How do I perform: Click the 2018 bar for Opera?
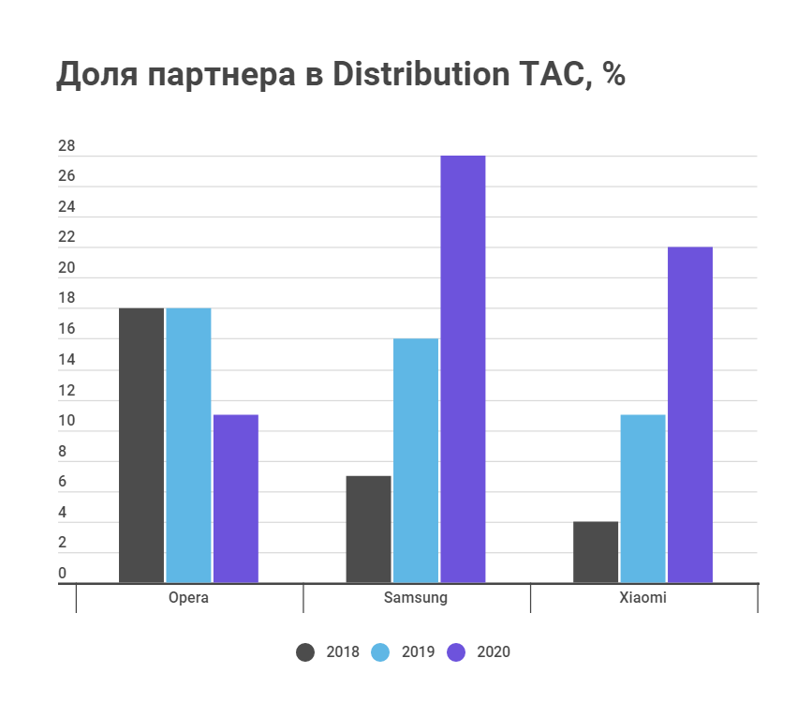tap(141, 445)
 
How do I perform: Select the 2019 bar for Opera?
tap(188, 445)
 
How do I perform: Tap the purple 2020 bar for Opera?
tap(236, 499)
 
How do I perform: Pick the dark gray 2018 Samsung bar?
tap(368, 530)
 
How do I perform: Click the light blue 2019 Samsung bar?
tap(416, 460)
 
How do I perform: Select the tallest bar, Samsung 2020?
tap(463, 369)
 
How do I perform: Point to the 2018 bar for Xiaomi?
tap(596, 552)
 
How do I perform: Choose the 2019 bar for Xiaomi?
tap(642, 499)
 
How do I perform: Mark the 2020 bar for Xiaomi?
tap(690, 415)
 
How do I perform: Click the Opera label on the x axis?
tap(188, 598)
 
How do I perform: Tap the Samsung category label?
tap(416, 598)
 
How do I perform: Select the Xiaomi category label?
tap(642, 598)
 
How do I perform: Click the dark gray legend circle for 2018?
tap(306, 652)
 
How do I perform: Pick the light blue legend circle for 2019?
tap(381, 652)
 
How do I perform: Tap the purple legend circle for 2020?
tap(457, 652)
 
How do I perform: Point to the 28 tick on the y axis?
tap(66, 147)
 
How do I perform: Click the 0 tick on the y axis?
tap(63, 574)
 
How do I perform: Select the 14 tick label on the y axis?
tap(66, 361)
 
